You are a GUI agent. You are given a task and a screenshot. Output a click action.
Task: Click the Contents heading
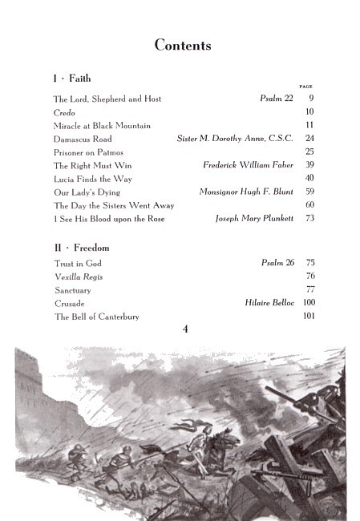pyautogui.click(x=183, y=46)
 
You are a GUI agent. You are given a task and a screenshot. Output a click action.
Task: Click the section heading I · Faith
pyautogui.click(x=72, y=79)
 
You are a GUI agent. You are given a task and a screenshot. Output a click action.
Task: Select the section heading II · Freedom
pyautogui.click(x=81, y=248)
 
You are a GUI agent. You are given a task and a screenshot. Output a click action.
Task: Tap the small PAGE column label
pyautogui.click(x=305, y=86)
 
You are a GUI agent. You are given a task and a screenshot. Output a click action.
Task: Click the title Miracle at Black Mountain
pyautogui.click(x=102, y=126)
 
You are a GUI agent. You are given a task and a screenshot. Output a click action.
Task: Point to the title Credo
pyautogui.click(x=64, y=112)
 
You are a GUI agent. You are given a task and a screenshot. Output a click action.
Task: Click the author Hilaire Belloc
pyautogui.click(x=269, y=303)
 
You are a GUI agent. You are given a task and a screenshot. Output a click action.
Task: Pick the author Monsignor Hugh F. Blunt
pyautogui.click(x=246, y=192)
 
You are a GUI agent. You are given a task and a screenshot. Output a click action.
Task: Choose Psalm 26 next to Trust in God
pyautogui.click(x=277, y=263)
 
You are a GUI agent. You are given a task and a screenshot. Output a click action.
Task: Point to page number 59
pyautogui.click(x=309, y=192)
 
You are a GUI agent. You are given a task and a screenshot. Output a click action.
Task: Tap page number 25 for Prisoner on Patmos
pyautogui.click(x=309, y=152)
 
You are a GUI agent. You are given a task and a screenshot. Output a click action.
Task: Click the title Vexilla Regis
pyautogui.click(x=79, y=277)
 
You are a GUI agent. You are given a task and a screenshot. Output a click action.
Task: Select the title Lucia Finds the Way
pyautogui.click(x=93, y=179)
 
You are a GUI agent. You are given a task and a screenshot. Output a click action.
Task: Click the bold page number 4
pyautogui.click(x=185, y=327)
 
